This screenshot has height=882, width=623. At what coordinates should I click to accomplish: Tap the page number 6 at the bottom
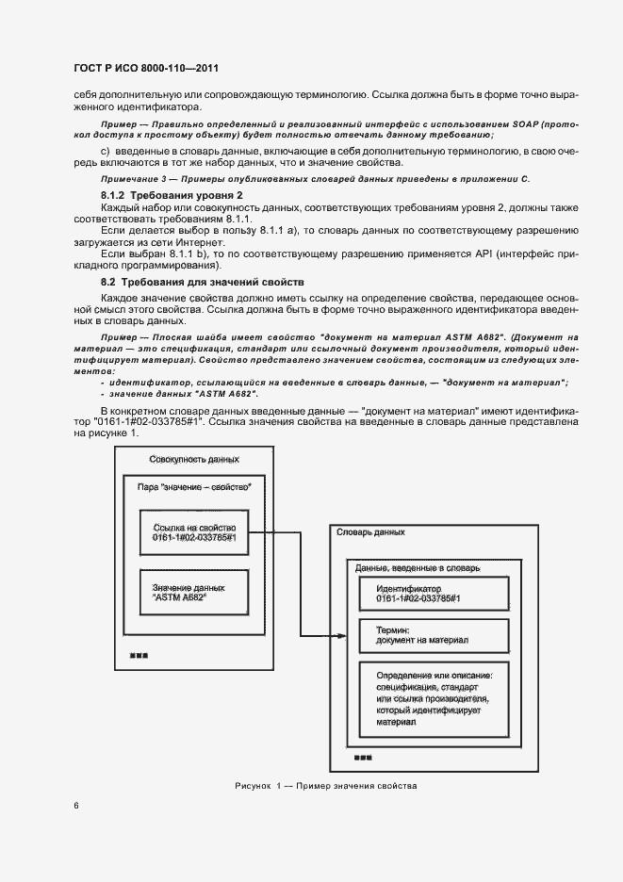76,805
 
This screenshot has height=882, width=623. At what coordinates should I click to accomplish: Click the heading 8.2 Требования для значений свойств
202,283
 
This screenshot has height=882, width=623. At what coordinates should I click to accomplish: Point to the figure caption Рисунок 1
325,786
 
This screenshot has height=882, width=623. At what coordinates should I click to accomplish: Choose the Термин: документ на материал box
418,635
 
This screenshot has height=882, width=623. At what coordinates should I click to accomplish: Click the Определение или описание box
418,699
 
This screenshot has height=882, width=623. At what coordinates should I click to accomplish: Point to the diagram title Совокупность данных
194,459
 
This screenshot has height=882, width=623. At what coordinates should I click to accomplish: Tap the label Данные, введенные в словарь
418,568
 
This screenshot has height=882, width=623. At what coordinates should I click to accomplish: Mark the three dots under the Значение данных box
138,653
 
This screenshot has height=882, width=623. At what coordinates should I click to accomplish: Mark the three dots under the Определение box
362,756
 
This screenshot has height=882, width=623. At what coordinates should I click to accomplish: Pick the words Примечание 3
134,178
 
